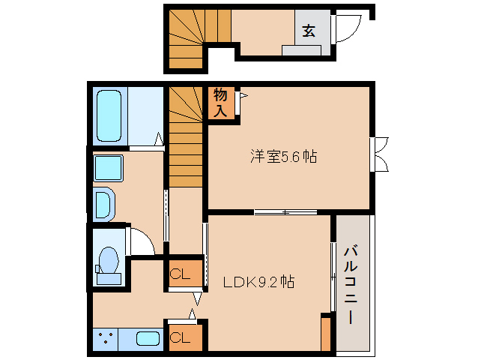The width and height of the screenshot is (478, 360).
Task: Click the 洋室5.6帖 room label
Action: tap(282, 157)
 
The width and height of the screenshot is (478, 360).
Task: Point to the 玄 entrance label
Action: tap(309, 31)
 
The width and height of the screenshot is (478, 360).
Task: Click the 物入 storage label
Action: tap(220, 103)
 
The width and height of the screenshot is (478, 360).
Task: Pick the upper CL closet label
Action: tap(179, 273)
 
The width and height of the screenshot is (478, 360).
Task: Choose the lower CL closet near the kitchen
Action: tap(180, 337)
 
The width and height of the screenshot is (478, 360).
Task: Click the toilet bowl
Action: tap(109, 263)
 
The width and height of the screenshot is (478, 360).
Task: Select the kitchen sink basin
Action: tap(149, 339)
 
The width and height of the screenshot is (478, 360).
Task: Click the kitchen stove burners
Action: tap(106, 339)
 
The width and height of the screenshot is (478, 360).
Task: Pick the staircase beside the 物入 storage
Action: tap(186, 139)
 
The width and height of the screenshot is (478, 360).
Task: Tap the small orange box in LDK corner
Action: tap(325, 334)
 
